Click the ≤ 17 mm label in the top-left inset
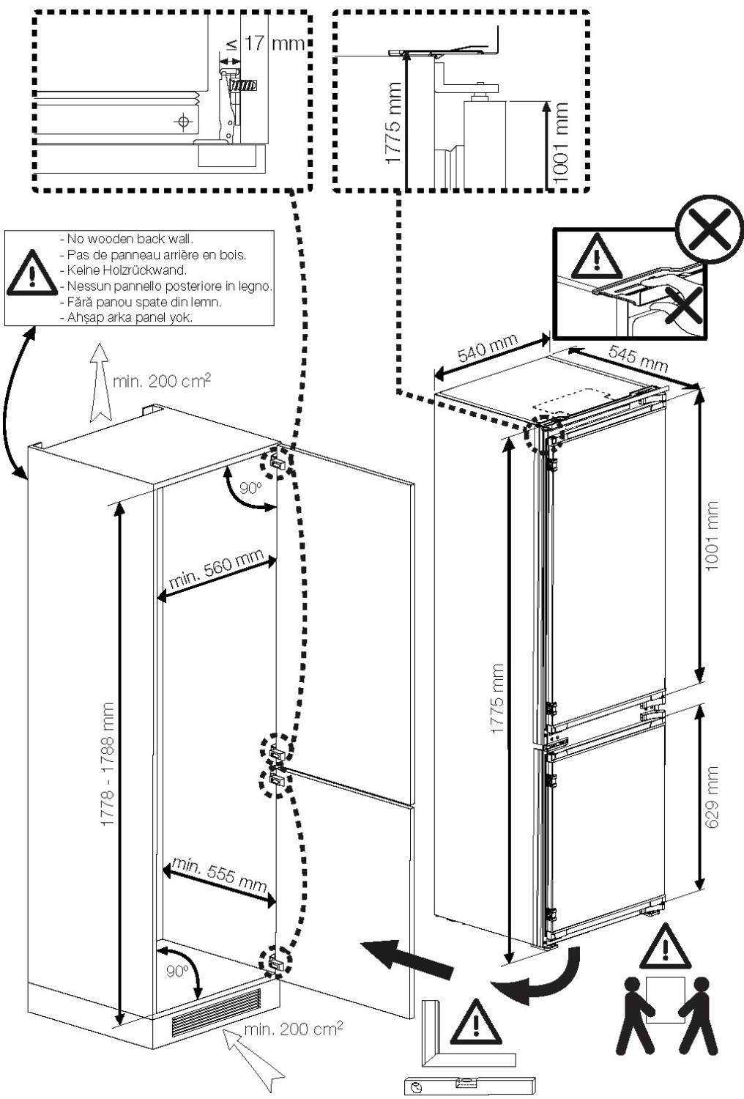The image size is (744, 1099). coord(265,44)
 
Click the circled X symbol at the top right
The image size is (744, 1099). coord(709,229)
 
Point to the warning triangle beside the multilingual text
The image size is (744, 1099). coord(31,273)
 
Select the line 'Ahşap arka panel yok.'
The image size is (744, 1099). coord(130,317)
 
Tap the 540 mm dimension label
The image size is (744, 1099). coord(487,350)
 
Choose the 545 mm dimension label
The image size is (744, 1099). coord(638,358)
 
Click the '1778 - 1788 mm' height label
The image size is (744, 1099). coord(108,765)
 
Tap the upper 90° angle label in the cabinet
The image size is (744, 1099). coord(250,488)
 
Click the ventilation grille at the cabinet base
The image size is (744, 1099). coord(215,1012)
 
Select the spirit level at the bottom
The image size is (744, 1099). coord(469,1084)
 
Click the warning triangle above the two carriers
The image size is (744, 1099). coord(665,947)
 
